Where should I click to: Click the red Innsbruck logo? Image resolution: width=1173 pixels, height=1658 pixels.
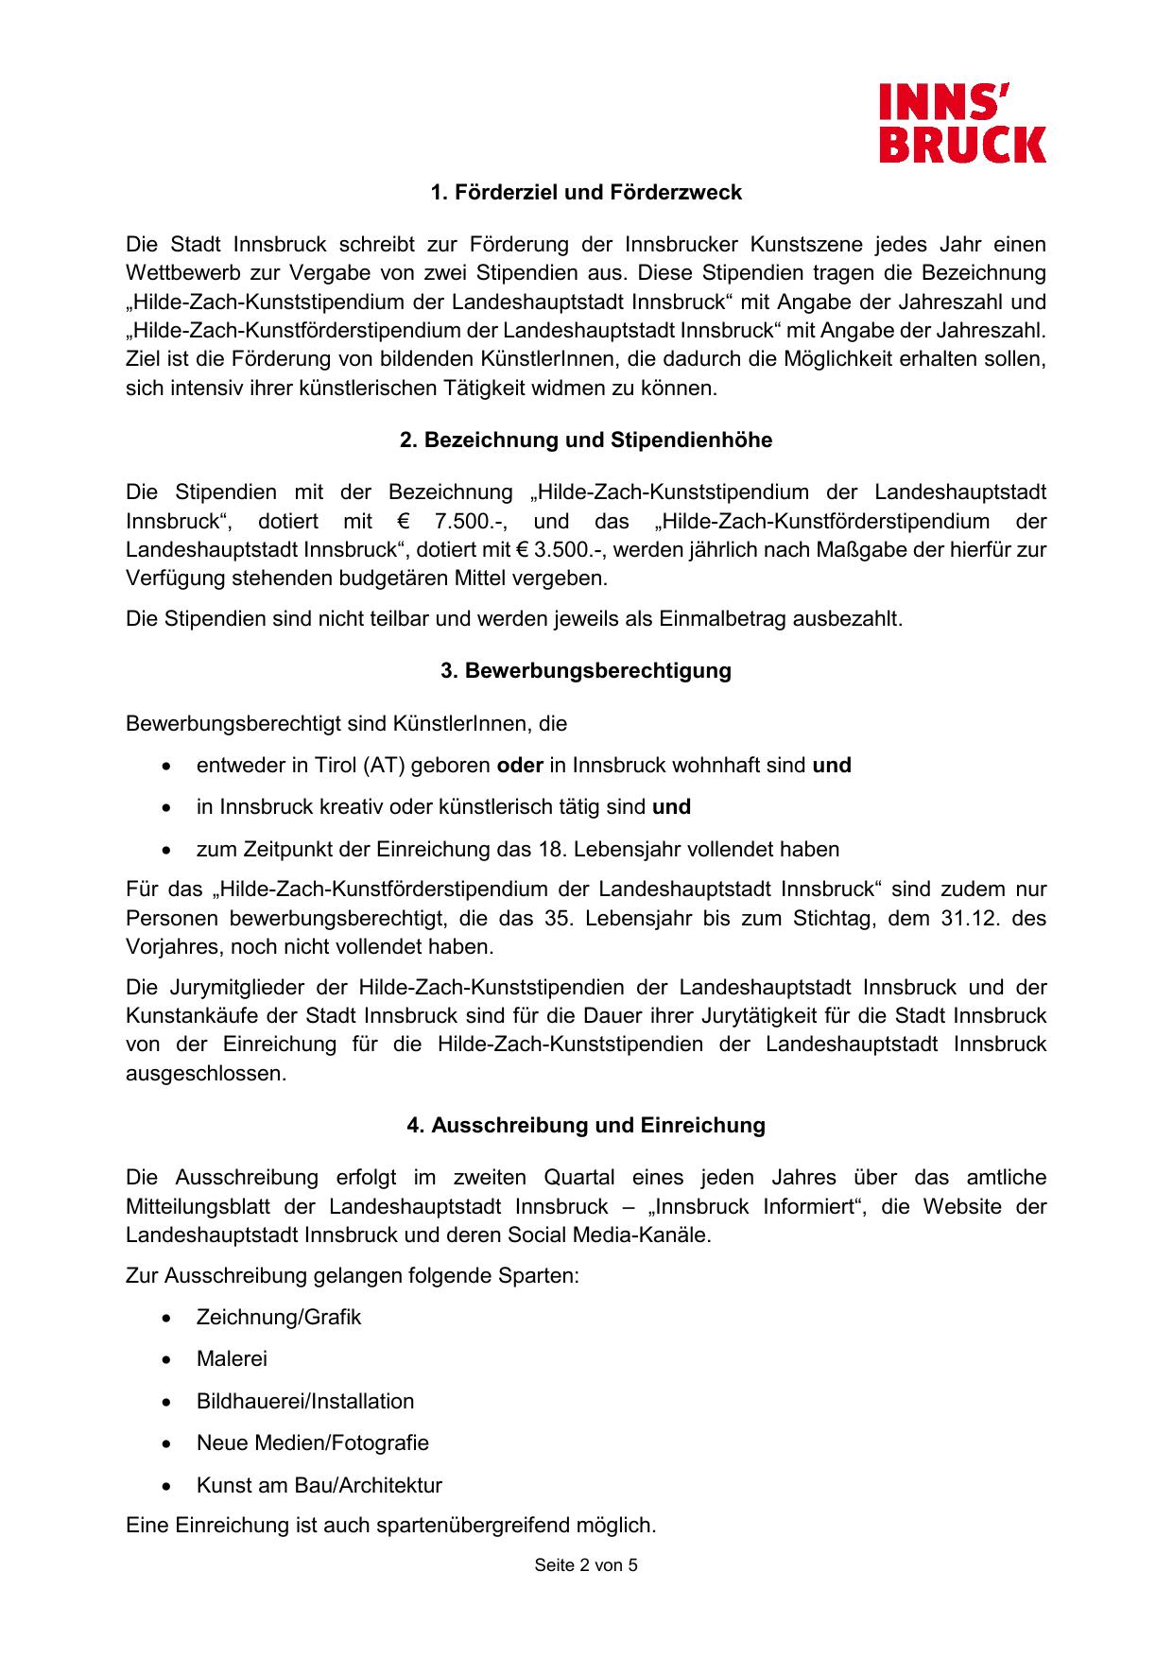pos(962,123)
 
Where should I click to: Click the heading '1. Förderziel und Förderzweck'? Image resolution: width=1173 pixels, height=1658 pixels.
pos(586,193)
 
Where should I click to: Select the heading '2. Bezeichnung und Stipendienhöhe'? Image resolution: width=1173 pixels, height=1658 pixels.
pos(586,440)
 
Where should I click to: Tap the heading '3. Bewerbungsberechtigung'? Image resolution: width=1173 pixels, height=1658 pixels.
pos(586,671)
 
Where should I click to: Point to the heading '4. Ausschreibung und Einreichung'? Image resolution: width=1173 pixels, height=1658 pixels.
pos(586,1126)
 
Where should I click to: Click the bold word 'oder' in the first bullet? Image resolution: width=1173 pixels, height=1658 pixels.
pos(520,766)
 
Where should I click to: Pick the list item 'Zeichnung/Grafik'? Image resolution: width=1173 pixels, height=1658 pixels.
pos(279,1318)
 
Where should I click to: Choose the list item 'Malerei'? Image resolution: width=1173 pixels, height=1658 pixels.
pos(232,1359)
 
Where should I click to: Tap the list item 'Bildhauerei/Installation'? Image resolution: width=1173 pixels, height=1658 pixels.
pos(305,1402)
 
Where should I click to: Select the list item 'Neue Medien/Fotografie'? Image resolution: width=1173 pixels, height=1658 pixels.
pos(313,1443)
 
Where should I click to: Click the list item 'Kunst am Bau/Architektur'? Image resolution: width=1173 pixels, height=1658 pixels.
pos(319,1486)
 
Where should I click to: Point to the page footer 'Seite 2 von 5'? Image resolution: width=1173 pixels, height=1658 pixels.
pos(586,1565)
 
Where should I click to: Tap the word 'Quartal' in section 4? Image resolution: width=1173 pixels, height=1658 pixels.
pos(578,1179)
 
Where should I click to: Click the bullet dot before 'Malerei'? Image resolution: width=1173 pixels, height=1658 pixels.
pos(167,1359)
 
